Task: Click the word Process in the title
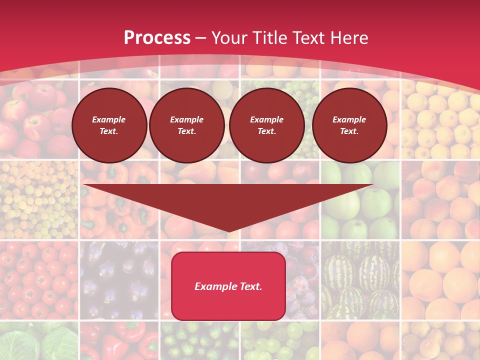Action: [x=157, y=38]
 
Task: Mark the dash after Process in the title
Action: [x=200, y=38]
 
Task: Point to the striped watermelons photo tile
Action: [x=360, y=280]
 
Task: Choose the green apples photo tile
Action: [x=360, y=200]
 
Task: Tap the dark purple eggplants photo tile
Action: [x=120, y=280]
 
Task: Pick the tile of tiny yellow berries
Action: [x=39, y=200]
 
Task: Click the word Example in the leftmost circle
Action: [x=109, y=120]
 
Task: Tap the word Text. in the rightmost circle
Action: [x=349, y=131]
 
